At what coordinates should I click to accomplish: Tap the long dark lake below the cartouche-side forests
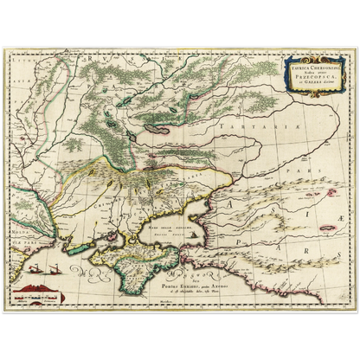(x=164, y=109)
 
